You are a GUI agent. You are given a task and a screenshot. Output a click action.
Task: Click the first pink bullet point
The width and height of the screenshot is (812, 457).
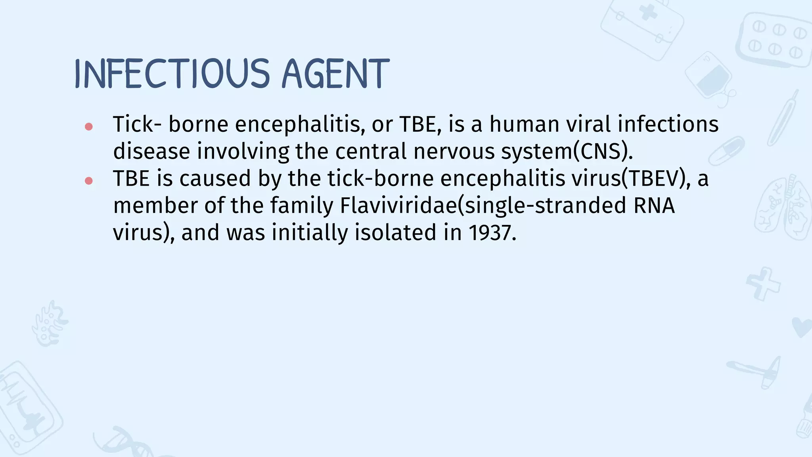(89, 127)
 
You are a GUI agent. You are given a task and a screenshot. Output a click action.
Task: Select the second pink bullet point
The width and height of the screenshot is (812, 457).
(89, 181)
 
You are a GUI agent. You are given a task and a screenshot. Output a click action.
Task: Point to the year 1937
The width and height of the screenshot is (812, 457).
(492, 232)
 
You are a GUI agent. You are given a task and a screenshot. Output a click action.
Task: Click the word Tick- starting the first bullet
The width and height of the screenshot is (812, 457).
(137, 124)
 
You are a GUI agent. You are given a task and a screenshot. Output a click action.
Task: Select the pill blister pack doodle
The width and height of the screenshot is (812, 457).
(773, 40)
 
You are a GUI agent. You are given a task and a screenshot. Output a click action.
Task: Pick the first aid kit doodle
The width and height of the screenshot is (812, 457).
(642, 28)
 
